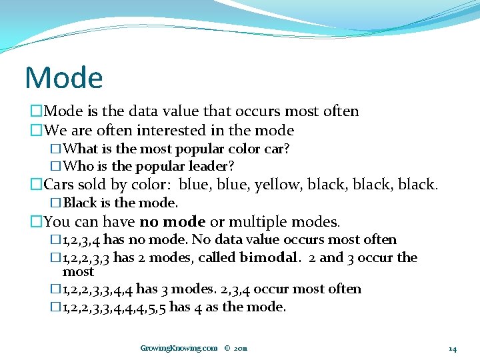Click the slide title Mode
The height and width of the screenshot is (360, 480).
[x=64, y=78]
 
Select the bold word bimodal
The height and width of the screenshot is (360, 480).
[x=273, y=257]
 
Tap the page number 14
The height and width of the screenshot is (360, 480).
[x=452, y=348]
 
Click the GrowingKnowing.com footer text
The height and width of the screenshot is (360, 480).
[x=179, y=348]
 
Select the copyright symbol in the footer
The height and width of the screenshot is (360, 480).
[x=227, y=348]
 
